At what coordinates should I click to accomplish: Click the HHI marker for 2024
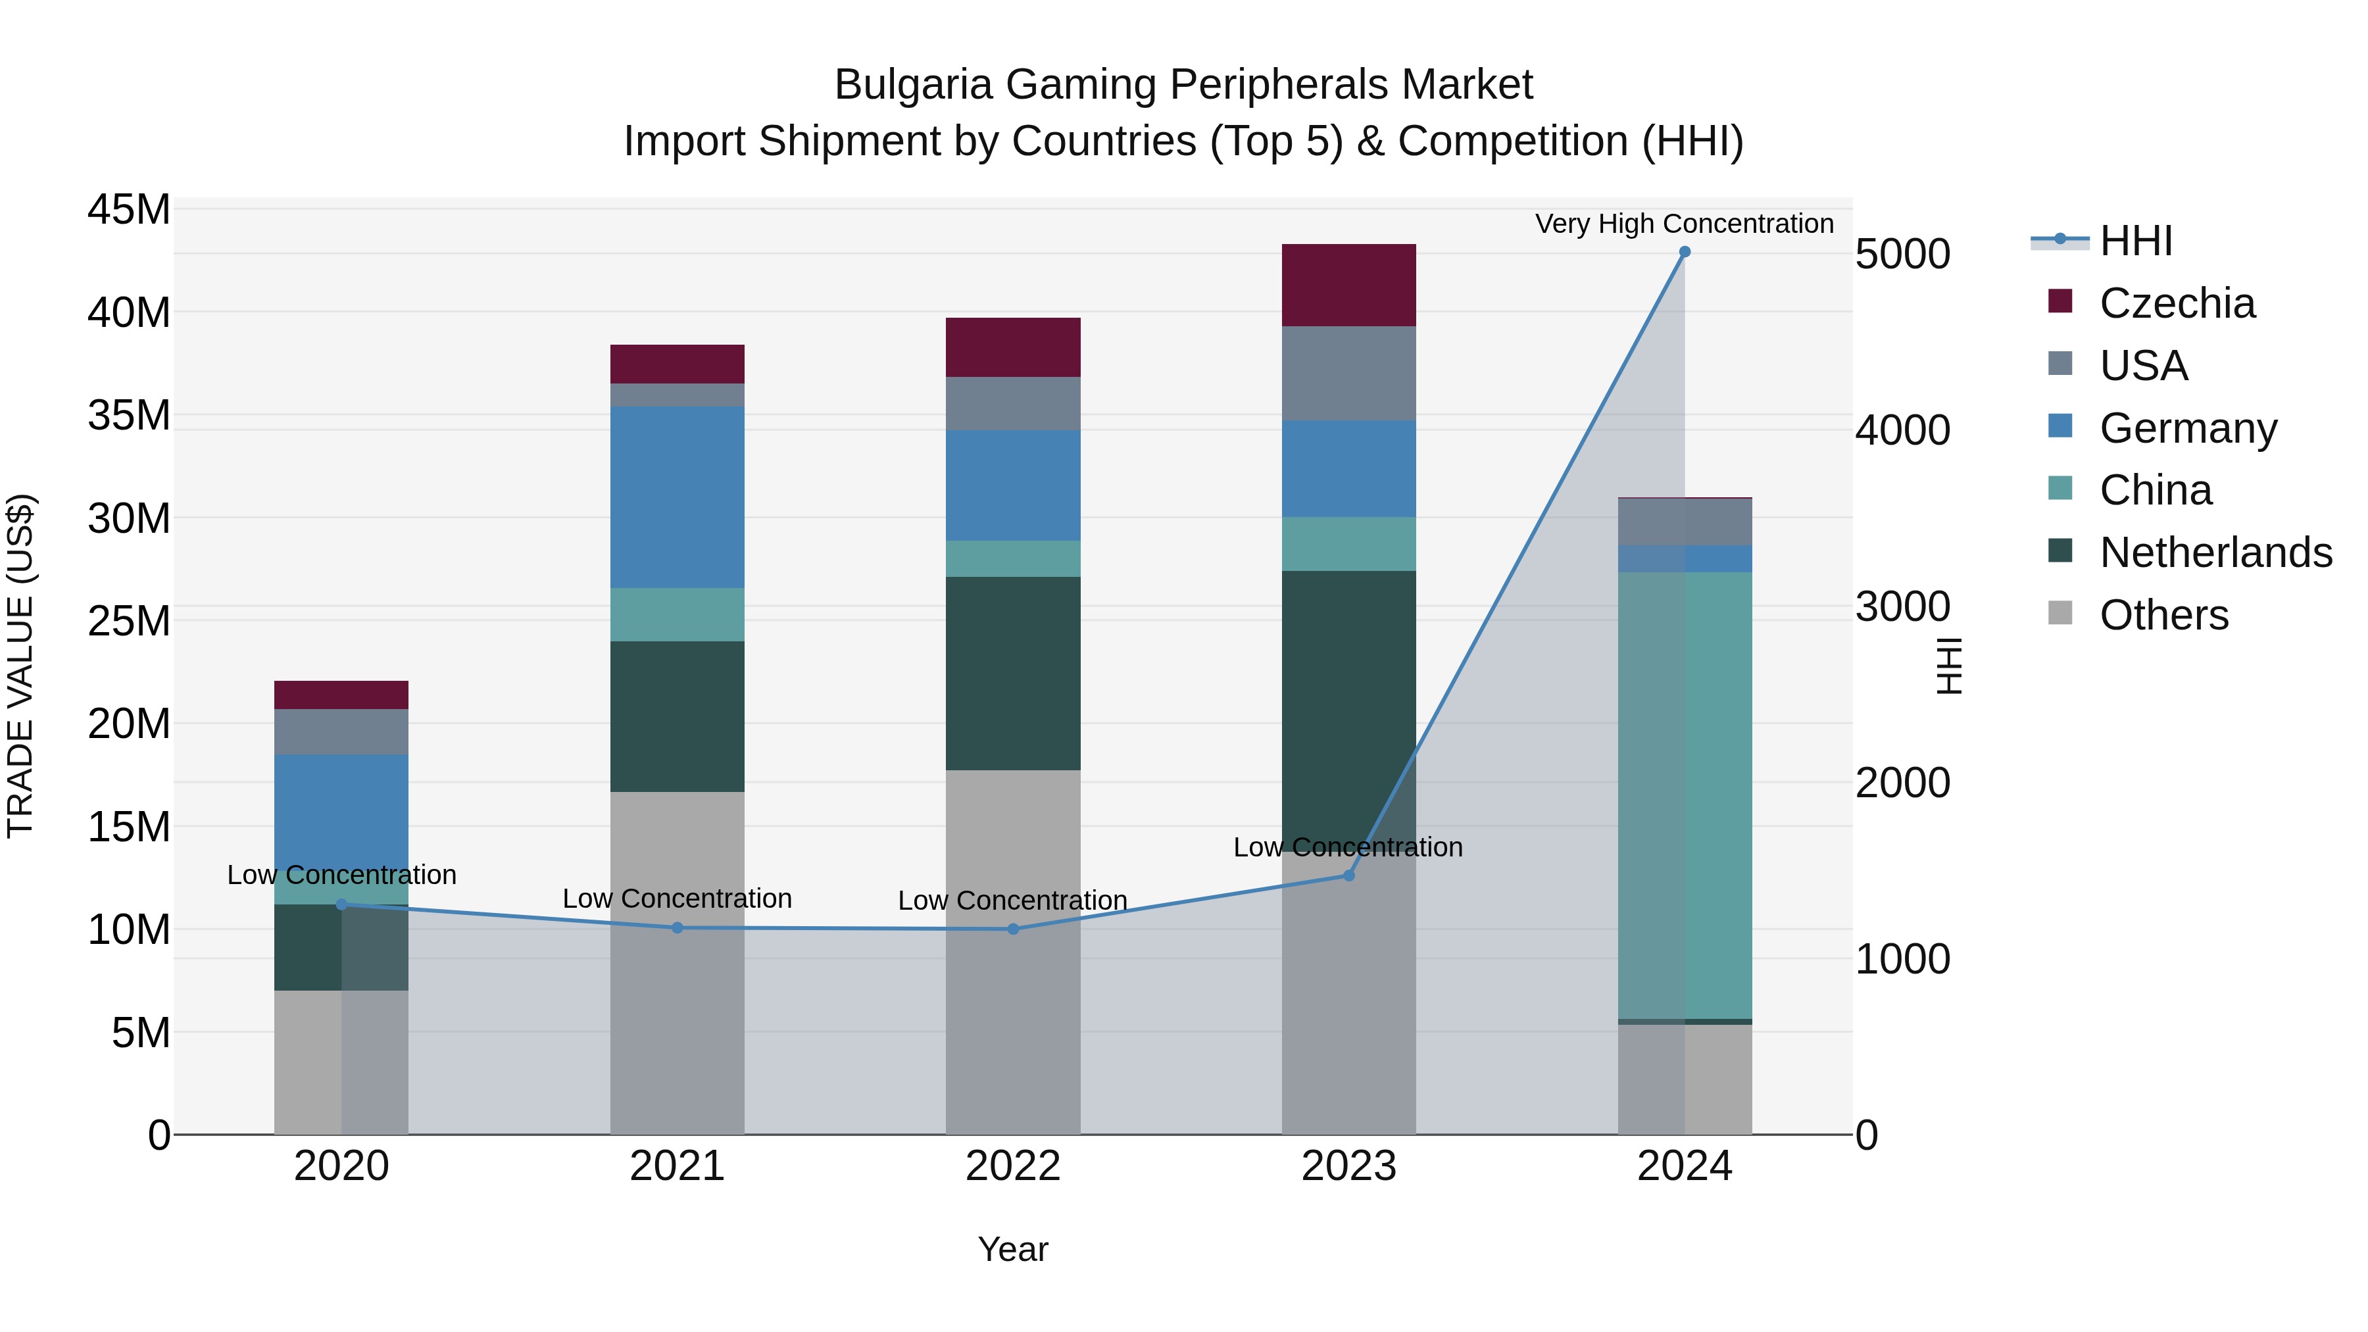coord(1684,252)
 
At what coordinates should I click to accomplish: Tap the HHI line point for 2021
coord(678,927)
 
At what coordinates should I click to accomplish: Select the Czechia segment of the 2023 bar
coord(1348,285)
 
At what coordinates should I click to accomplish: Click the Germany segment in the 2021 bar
coord(678,497)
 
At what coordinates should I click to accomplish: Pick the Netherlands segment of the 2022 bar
coord(1013,673)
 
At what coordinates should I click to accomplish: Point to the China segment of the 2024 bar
coord(1684,795)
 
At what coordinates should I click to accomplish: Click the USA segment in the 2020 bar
coord(341,731)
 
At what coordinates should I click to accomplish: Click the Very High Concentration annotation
coord(1684,224)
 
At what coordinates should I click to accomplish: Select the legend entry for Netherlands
coord(2215,553)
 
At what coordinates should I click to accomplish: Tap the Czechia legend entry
coord(2177,303)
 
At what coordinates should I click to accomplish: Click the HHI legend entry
coord(2135,241)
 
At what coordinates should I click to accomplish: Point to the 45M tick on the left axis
coord(129,210)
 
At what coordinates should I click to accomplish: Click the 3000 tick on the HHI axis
coord(1902,606)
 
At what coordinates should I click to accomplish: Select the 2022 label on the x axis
coord(1013,1166)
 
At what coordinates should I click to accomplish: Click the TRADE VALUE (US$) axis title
coord(20,666)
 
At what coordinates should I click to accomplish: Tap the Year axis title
coord(1013,1249)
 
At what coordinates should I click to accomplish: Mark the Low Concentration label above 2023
coord(1348,847)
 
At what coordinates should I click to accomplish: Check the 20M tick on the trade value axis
coord(129,724)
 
